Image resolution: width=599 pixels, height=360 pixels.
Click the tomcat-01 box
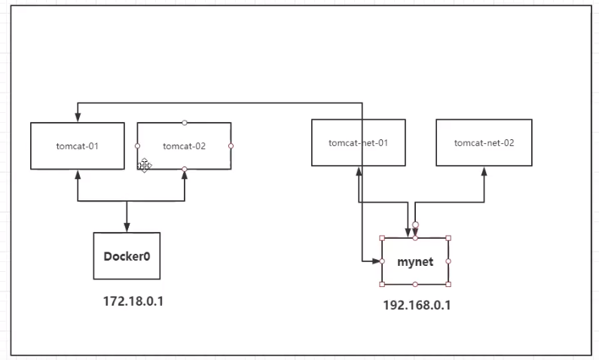(77, 145)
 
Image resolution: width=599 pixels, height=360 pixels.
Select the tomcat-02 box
(184, 145)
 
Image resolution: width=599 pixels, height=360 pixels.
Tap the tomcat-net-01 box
(358, 142)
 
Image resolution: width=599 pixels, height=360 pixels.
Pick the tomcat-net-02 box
(484, 142)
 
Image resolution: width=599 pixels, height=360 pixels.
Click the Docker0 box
(127, 256)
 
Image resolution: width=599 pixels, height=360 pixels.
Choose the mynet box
(415, 261)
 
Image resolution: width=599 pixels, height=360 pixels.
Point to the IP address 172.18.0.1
(133, 301)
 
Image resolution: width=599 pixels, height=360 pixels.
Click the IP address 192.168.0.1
(417, 305)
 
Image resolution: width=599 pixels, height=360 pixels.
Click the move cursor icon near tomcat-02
(144, 165)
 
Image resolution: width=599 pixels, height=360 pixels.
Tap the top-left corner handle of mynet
(382, 238)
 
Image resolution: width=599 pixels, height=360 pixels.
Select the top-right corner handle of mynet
(448, 238)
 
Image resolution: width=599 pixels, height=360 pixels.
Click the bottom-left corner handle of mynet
(382, 284)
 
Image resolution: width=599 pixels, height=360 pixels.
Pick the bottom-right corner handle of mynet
(448, 284)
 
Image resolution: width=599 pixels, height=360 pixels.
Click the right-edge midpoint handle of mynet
(448, 261)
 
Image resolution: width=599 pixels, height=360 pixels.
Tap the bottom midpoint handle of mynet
(415, 284)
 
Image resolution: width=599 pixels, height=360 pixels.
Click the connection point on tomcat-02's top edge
(185, 122)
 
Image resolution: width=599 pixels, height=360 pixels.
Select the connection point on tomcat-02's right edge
(231, 145)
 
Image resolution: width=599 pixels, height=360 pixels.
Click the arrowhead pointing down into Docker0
(127, 227)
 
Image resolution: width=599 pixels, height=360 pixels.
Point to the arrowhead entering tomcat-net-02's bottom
(484, 170)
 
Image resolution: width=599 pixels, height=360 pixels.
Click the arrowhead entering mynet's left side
(377, 261)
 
